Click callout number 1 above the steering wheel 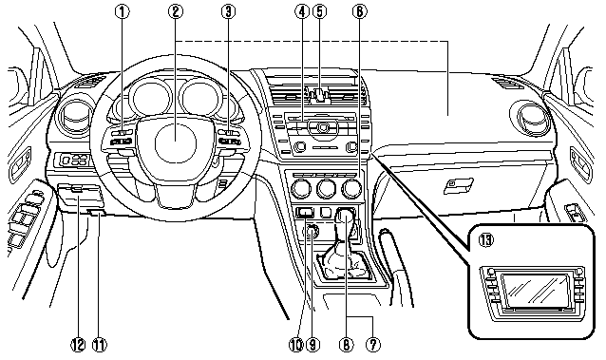[123, 12]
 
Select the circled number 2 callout [175, 12]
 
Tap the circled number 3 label [227, 12]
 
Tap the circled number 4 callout [300, 12]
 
